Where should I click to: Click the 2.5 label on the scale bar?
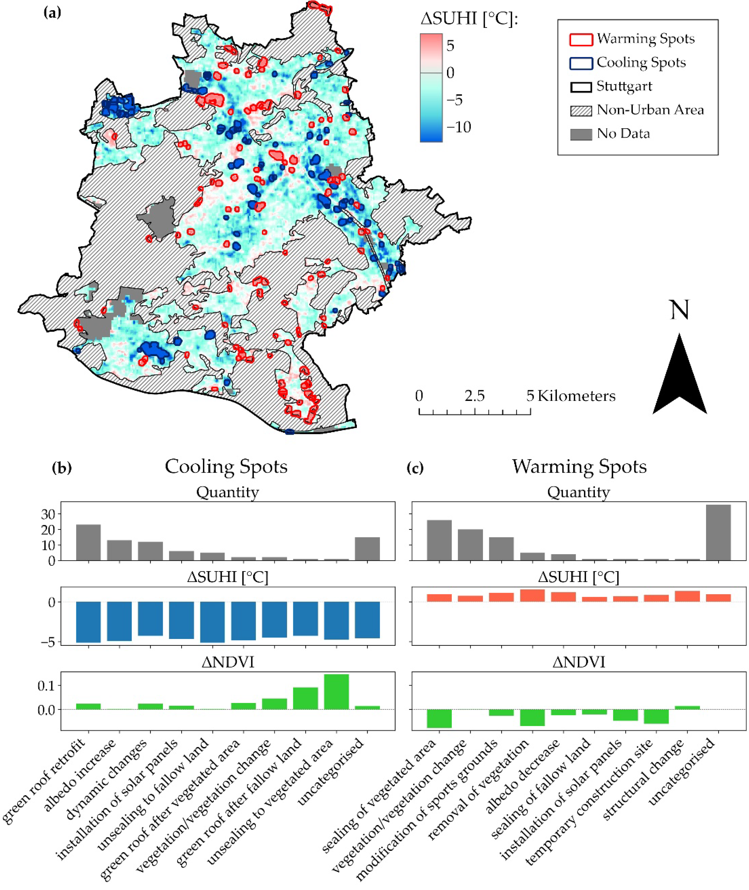474,396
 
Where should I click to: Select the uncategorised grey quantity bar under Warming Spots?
718,532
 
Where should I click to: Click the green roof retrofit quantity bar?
88,543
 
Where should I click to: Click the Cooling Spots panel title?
226,466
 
